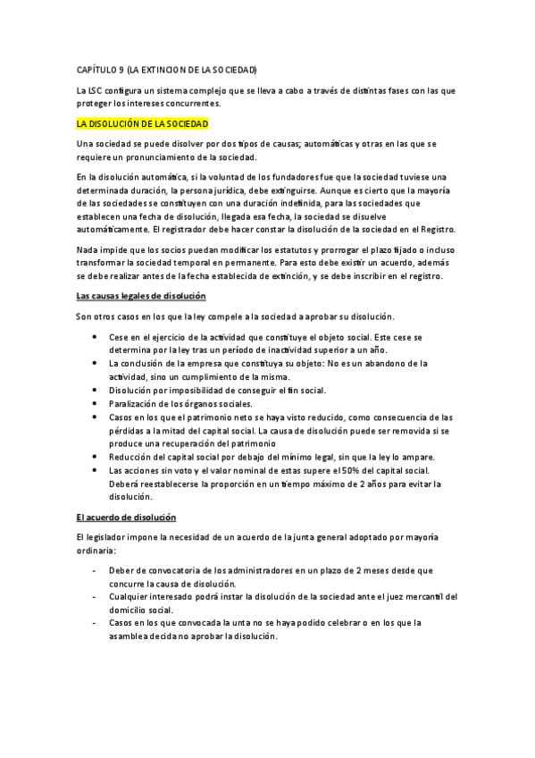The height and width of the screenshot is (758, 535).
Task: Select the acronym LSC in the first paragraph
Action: point(96,90)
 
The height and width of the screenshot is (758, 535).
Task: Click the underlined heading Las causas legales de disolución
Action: point(141,295)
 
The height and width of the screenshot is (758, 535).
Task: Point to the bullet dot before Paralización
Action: point(96,403)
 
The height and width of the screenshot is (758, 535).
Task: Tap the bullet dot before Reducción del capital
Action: point(96,457)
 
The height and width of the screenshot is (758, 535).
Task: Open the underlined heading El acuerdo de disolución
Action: point(126,518)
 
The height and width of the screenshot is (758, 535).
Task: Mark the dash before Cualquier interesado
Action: point(96,596)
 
